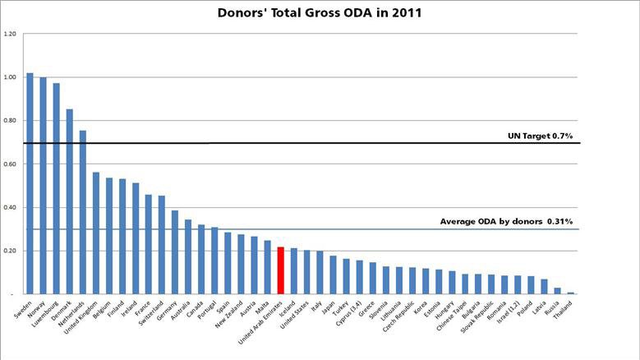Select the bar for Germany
(174, 252)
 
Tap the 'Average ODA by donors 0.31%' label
(495, 222)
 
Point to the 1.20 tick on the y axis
(10, 35)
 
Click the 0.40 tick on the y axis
(10, 207)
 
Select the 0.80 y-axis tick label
(10, 121)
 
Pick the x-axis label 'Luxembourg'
(43, 313)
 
